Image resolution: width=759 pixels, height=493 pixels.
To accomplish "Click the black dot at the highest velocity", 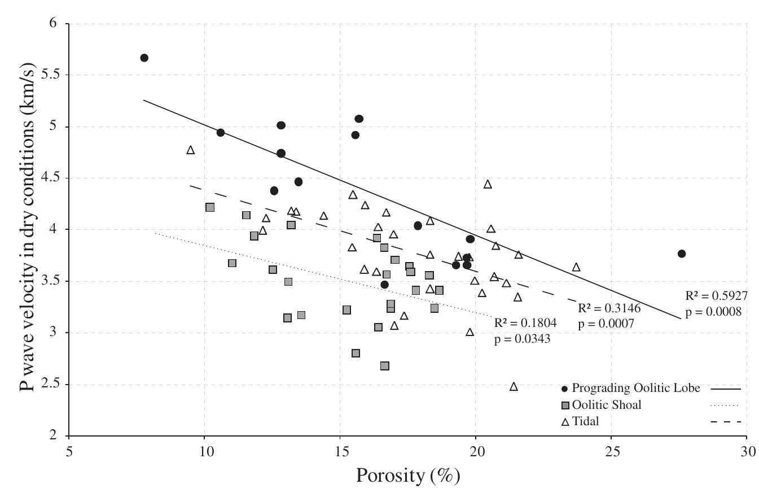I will [144, 58].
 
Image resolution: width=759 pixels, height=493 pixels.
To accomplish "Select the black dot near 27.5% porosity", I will [682, 254].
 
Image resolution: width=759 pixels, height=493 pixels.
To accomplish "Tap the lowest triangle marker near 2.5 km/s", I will [514, 387].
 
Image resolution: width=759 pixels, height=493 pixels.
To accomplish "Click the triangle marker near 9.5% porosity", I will [191, 150].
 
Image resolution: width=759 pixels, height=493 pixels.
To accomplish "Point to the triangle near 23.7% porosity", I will [576, 267].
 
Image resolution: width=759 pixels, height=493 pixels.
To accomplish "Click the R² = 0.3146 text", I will [609, 309].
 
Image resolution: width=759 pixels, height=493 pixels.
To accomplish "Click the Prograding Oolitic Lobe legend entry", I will [636, 388].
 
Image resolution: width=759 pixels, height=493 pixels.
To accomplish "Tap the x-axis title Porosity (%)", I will [407, 476].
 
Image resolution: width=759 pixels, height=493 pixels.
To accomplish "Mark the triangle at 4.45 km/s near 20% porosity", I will [488, 184].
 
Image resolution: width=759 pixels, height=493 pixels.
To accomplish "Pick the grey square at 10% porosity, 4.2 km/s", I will [210, 207].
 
